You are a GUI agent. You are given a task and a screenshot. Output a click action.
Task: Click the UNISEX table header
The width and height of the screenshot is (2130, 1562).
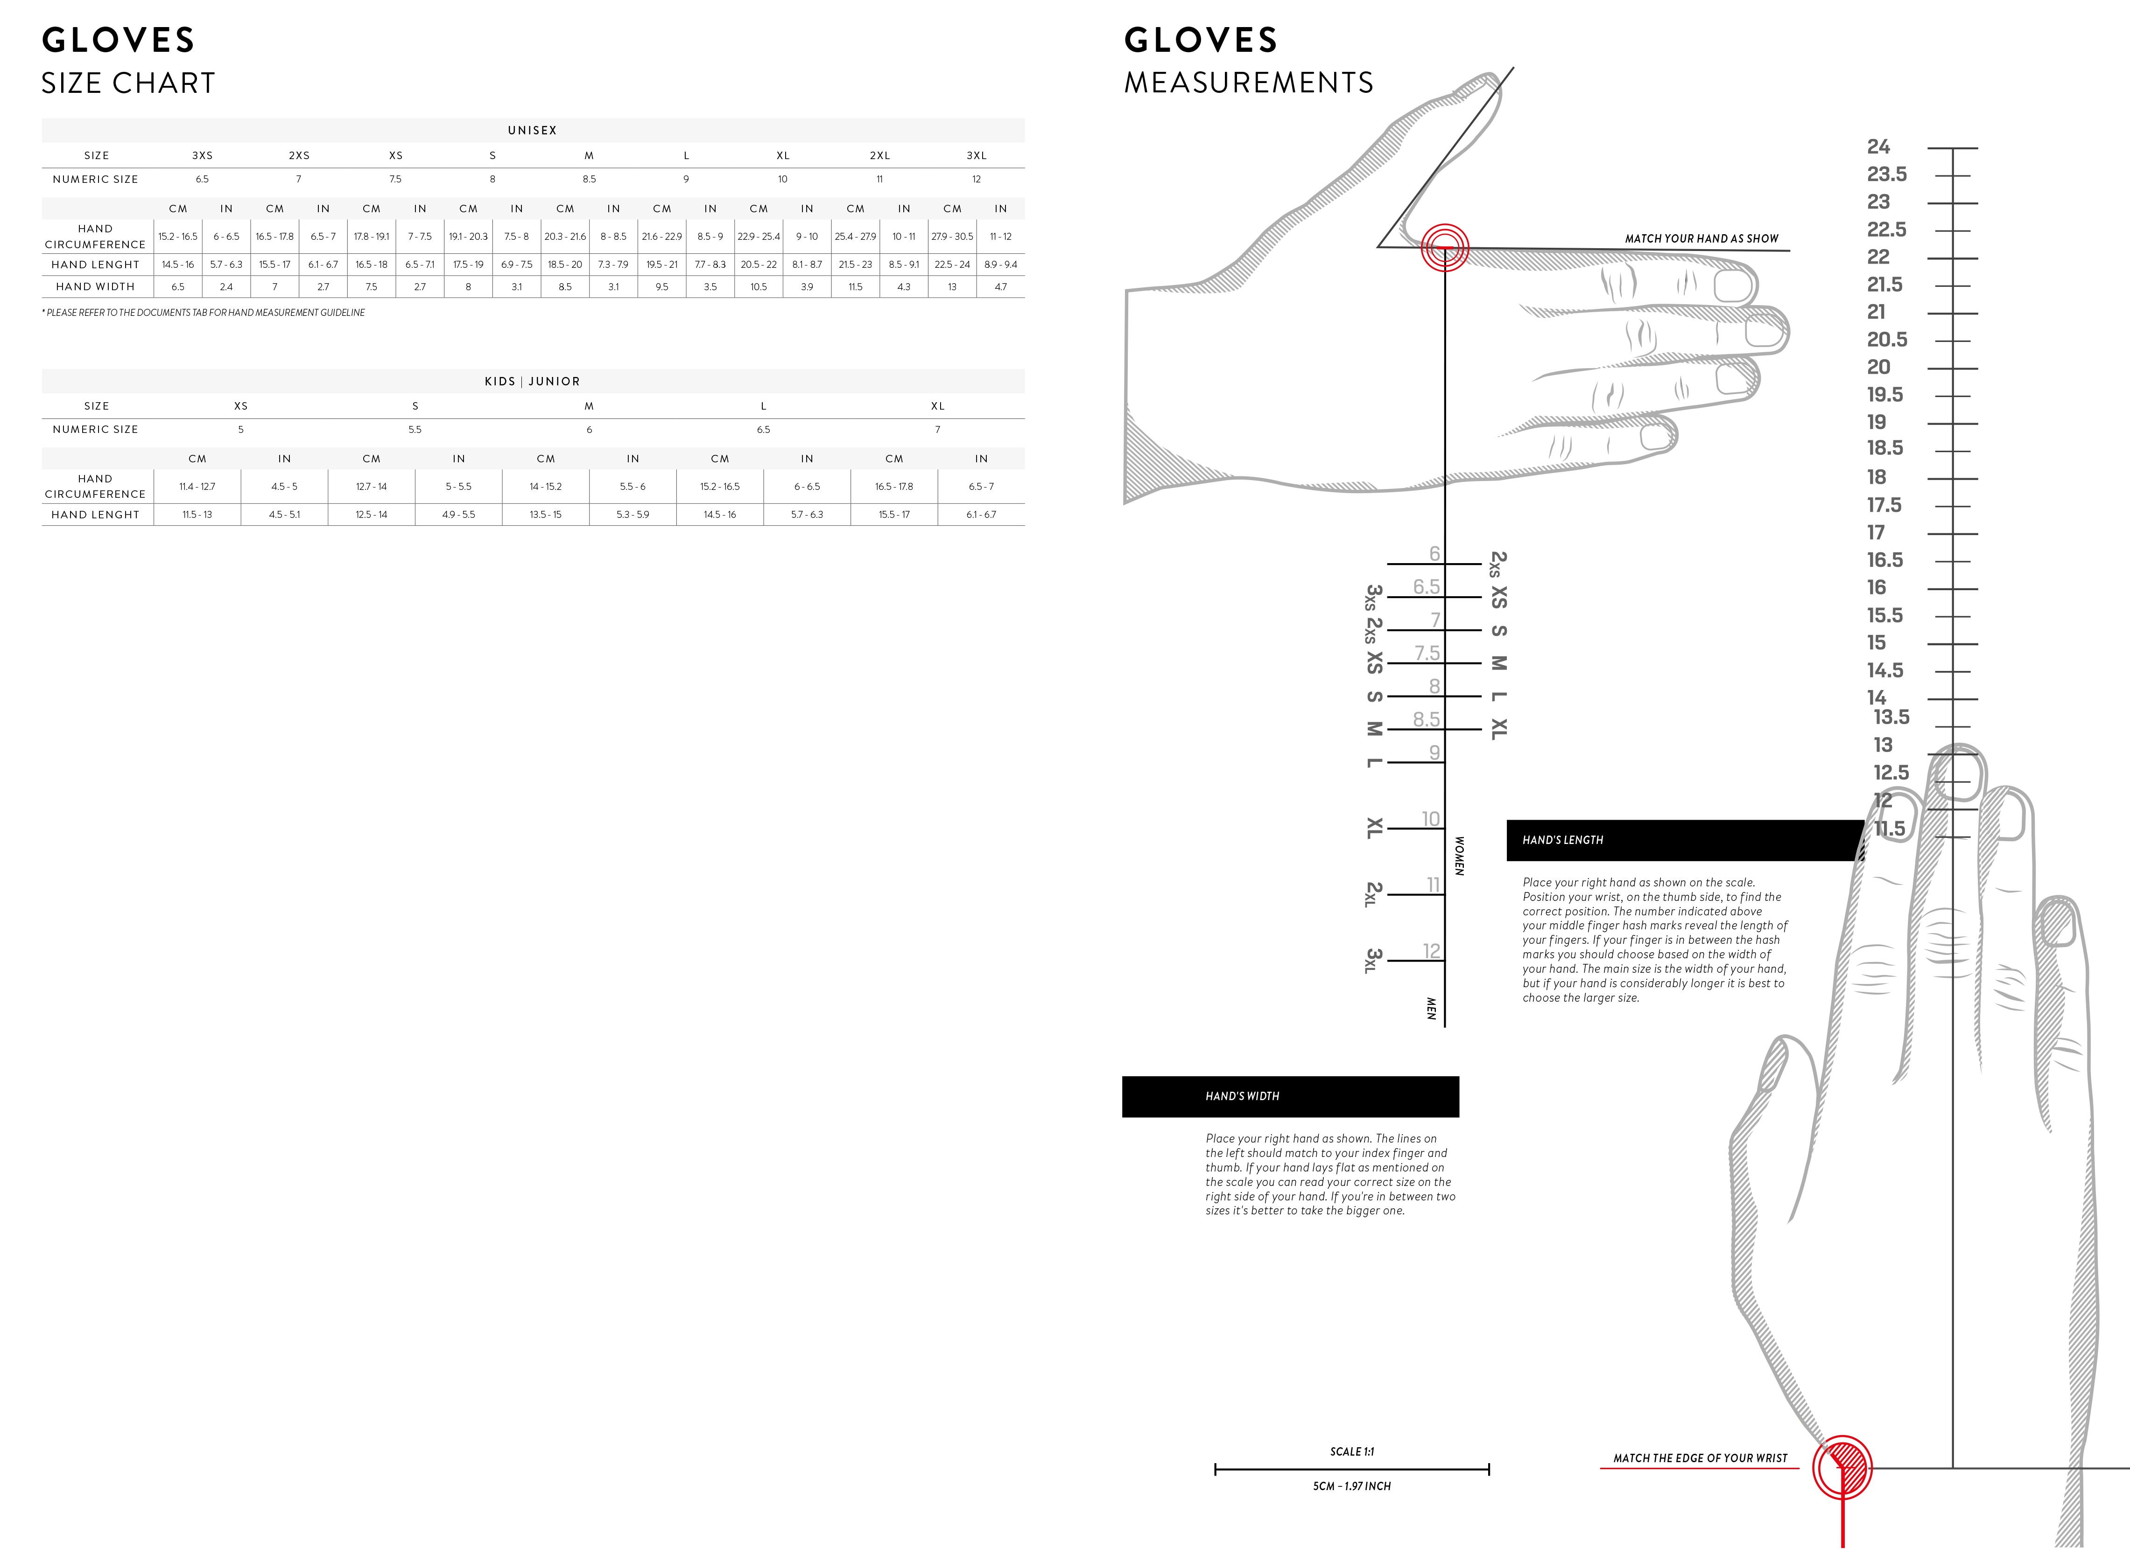(x=533, y=131)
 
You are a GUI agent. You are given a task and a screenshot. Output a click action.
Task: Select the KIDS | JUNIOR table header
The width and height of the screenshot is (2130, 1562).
(x=533, y=381)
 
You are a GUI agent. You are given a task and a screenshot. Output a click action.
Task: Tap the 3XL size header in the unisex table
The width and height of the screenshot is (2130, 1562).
(x=976, y=155)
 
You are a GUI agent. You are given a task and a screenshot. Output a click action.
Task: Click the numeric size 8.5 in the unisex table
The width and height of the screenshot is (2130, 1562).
(x=589, y=179)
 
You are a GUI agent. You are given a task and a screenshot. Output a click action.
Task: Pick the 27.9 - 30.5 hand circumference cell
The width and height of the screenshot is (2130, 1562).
(x=952, y=237)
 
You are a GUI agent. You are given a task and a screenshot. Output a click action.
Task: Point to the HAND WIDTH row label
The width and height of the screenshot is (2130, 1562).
(x=96, y=286)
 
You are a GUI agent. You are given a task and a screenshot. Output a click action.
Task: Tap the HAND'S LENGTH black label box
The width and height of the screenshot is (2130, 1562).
(x=1685, y=841)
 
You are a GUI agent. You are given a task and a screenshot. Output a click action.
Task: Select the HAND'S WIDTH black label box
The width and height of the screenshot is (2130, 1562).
(x=1290, y=1097)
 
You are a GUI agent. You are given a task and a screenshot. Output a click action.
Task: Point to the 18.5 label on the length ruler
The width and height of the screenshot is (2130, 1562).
(x=1885, y=448)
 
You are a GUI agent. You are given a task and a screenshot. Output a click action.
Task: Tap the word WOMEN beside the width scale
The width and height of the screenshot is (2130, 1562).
(x=1459, y=856)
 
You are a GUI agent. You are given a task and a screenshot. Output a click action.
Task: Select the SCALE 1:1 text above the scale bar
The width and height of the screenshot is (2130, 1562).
(x=1351, y=1451)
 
